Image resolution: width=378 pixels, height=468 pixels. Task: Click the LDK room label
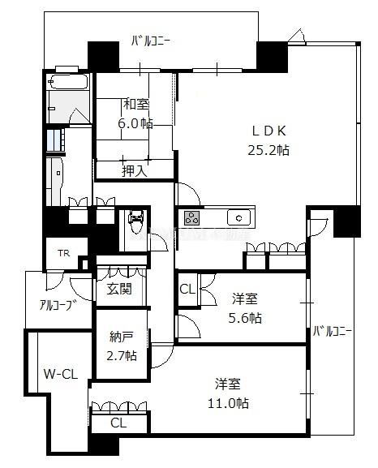click(269, 131)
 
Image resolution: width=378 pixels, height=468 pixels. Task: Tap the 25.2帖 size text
click(268, 150)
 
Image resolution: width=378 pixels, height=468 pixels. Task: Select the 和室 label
click(136, 104)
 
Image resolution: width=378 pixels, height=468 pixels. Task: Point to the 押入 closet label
click(135, 171)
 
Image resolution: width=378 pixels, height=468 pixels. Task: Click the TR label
click(63, 253)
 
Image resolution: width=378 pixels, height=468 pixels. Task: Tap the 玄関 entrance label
click(119, 289)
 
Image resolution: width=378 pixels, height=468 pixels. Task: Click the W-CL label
click(61, 374)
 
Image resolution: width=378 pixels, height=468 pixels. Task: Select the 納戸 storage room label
click(121, 337)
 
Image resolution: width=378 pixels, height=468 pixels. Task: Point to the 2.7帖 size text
click(122, 355)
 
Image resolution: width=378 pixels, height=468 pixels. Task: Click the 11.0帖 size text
click(229, 404)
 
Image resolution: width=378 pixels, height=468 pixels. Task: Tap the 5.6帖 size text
click(245, 318)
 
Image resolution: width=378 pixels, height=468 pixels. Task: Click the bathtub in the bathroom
click(69, 82)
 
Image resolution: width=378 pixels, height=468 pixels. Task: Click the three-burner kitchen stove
click(191, 218)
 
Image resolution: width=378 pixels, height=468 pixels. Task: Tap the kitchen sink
click(238, 217)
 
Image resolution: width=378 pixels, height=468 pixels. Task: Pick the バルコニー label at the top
click(151, 41)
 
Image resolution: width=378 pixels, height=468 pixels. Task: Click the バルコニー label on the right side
click(333, 331)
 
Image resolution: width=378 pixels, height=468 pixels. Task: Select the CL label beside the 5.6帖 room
click(187, 289)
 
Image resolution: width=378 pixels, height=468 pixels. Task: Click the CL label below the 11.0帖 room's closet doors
click(118, 423)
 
